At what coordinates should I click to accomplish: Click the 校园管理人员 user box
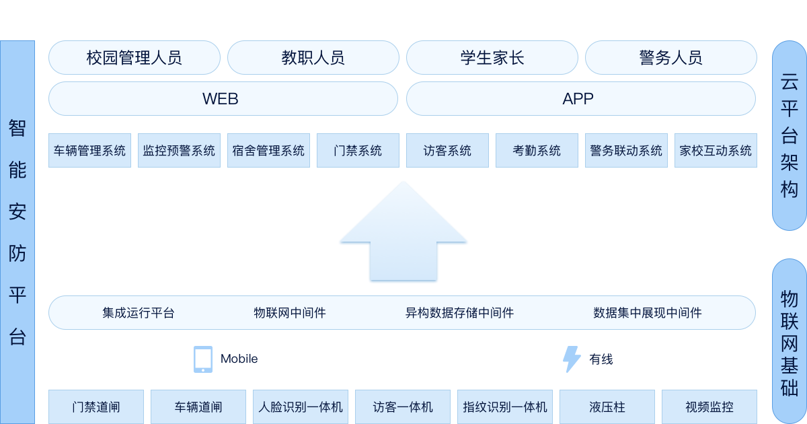coord(134,58)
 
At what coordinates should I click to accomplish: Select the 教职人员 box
coord(313,58)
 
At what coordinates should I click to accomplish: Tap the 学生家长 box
coord(492,58)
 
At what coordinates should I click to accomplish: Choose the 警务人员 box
coord(670,58)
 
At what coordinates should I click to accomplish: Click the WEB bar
coord(223,99)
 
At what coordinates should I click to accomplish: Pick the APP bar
coord(580,99)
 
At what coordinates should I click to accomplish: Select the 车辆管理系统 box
coord(89,151)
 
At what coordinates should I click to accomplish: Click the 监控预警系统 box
coord(179,151)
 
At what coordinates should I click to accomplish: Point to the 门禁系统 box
coord(358,151)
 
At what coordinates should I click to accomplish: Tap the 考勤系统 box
coord(537,151)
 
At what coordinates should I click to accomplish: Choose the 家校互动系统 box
coord(716,151)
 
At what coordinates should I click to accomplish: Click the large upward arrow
coord(403,236)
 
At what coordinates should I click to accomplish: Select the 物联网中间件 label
coord(290,313)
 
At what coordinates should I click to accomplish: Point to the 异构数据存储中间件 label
coord(459,313)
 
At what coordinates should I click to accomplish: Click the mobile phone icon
coord(202,359)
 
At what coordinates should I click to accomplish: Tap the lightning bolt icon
coord(571,359)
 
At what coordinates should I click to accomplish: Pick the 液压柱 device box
coord(607,407)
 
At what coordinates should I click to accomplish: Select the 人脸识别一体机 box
coord(301,407)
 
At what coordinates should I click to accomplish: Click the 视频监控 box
coord(709,407)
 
